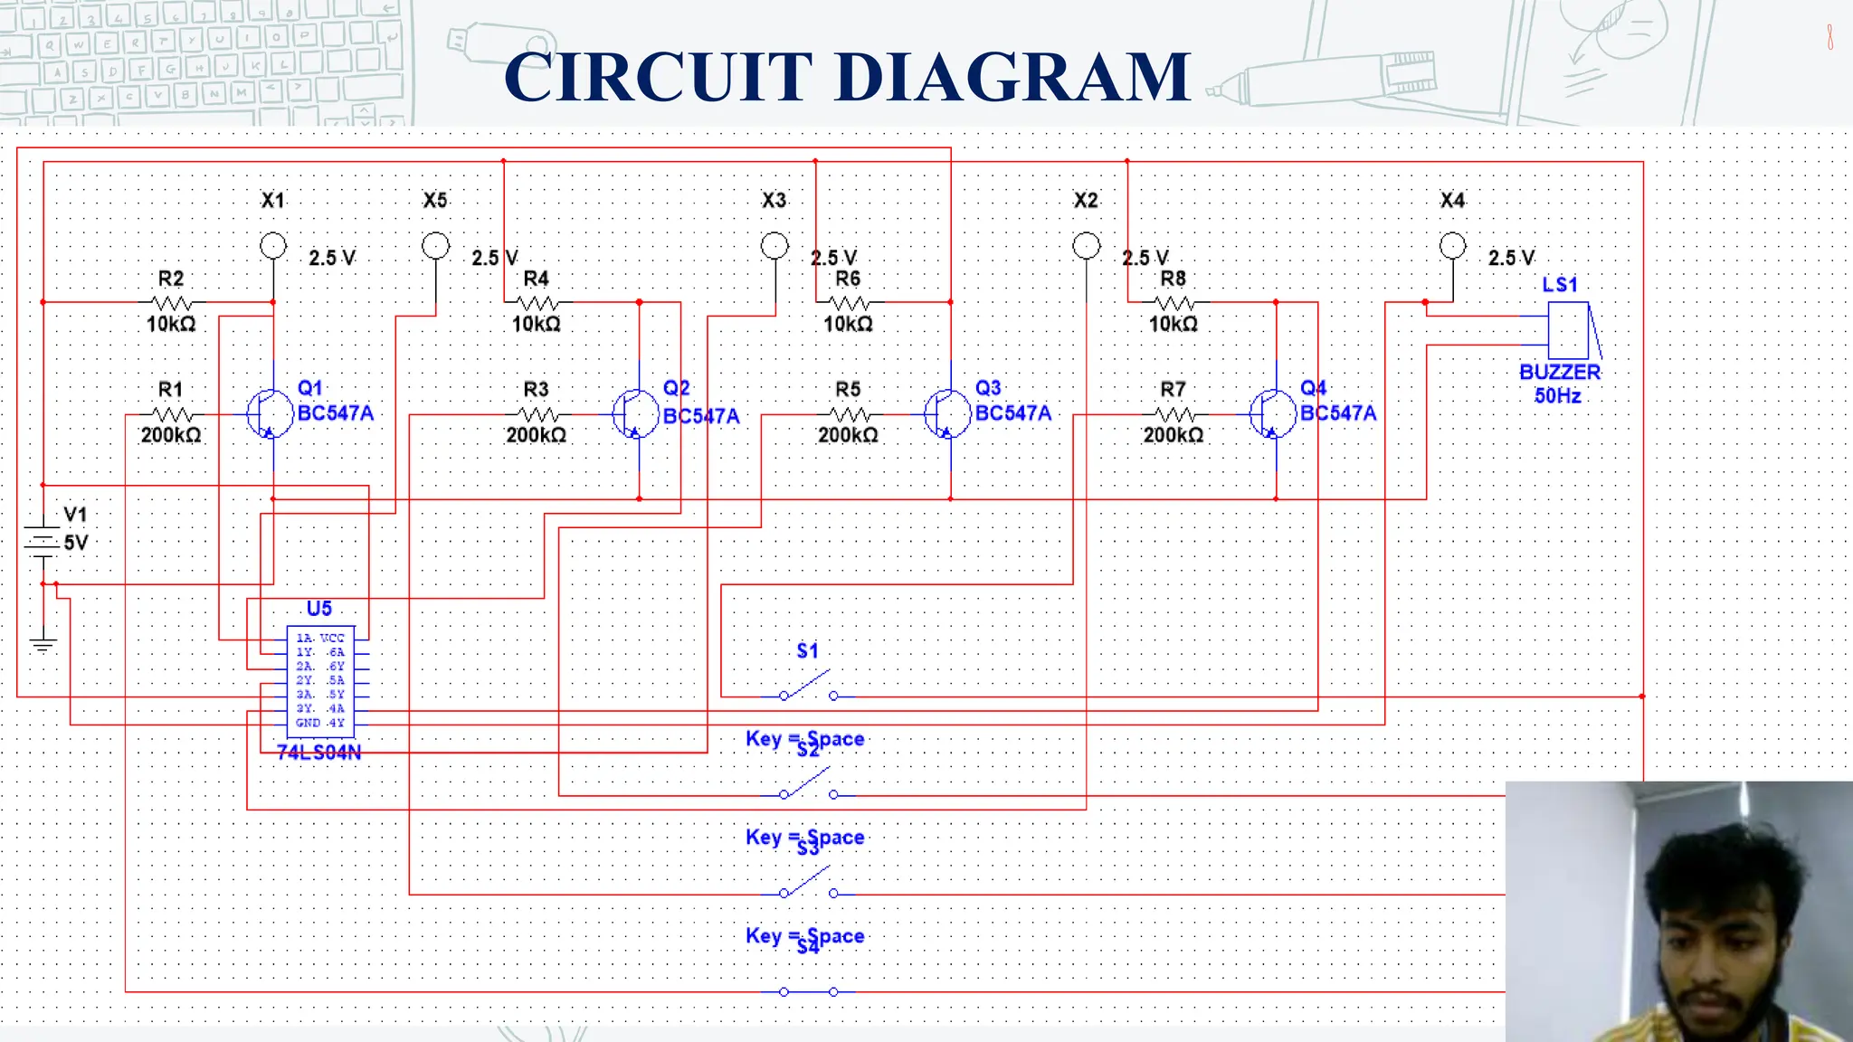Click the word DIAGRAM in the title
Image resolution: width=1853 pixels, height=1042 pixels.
point(1012,77)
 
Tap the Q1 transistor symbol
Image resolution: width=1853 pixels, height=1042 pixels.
point(269,414)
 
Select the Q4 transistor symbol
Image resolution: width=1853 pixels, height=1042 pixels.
point(1272,414)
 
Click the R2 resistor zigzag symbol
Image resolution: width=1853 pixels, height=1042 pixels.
point(172,302)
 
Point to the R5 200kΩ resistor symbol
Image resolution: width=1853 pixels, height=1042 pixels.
point(849,414)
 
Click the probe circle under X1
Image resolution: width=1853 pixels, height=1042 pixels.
point(272,245)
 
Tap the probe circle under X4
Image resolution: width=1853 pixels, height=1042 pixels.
point(1452,245)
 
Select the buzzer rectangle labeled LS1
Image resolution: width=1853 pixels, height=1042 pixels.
point(1568,330)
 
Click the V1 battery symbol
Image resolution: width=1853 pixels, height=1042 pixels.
point(43,541)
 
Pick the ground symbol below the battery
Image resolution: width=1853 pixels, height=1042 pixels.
point(43,644)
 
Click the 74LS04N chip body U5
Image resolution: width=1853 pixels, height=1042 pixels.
point(320,680)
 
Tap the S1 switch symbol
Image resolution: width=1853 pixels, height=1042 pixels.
point(808,688)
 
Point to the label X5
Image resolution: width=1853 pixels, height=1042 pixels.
point(435,200)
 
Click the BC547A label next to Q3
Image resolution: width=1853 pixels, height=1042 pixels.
point(1012,413)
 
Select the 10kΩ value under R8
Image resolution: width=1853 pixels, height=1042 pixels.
point(1173,324)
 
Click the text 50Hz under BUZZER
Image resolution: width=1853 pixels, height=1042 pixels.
point(1557,395)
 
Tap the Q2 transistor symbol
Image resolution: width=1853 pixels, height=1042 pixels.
point(634,414)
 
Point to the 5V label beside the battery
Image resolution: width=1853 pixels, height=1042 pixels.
point(76,543)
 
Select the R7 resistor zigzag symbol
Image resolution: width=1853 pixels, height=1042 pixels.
point(1174,414)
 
